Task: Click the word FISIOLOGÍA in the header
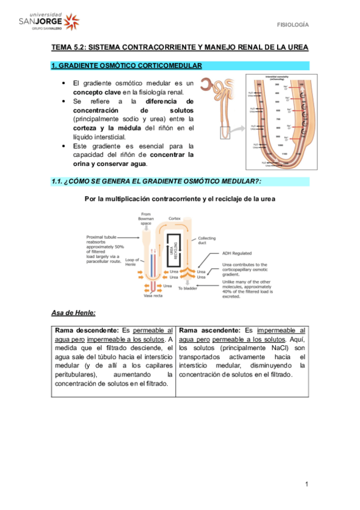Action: click(x=292, y=25)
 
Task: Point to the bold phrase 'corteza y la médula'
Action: click(x=108, y=128)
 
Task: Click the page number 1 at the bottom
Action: click(x=306, y=484)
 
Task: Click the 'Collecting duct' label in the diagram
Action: click(x=207, y=241)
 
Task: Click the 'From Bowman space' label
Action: click(x=146, y=219)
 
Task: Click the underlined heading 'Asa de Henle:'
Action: click(x=73, y=313)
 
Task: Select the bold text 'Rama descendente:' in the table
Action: click(x=87, y=331)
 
